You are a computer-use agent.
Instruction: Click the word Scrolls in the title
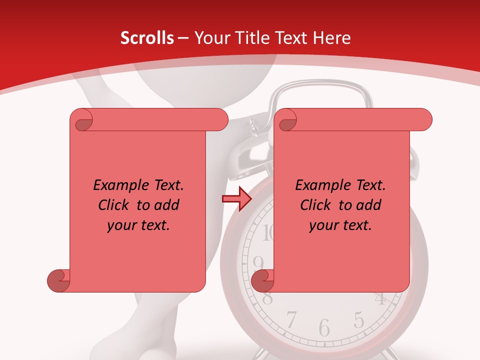[147, 38]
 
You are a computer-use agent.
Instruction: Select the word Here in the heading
[332, 38]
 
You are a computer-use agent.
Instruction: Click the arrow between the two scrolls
[236, 199]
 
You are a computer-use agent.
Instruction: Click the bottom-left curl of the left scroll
[59, 280]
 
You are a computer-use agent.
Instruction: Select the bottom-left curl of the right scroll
[262, 280]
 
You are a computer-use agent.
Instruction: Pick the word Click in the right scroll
[316, 205]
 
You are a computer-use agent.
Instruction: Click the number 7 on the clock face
[291, 318]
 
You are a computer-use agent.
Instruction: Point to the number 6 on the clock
[324, 327]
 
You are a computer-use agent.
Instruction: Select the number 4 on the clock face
[381, 298]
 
